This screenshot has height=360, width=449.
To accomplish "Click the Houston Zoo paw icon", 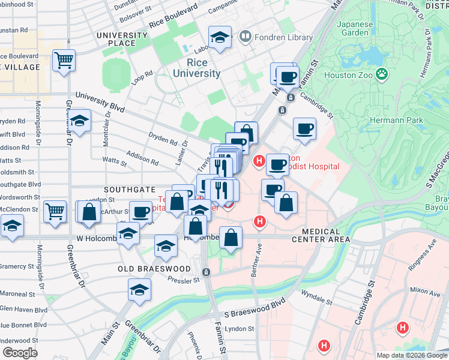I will (382, 74).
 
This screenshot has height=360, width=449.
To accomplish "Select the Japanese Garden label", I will (355, 28).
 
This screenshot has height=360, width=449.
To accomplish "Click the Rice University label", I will (196, 68).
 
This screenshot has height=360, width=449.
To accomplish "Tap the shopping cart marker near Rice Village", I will (64, 60).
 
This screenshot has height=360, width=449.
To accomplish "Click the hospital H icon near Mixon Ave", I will (402, 328).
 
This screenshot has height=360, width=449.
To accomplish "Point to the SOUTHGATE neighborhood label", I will (125, 189).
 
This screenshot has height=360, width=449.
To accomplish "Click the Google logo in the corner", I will (19, 352).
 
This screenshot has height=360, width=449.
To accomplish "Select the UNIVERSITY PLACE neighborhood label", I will (124, 39).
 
